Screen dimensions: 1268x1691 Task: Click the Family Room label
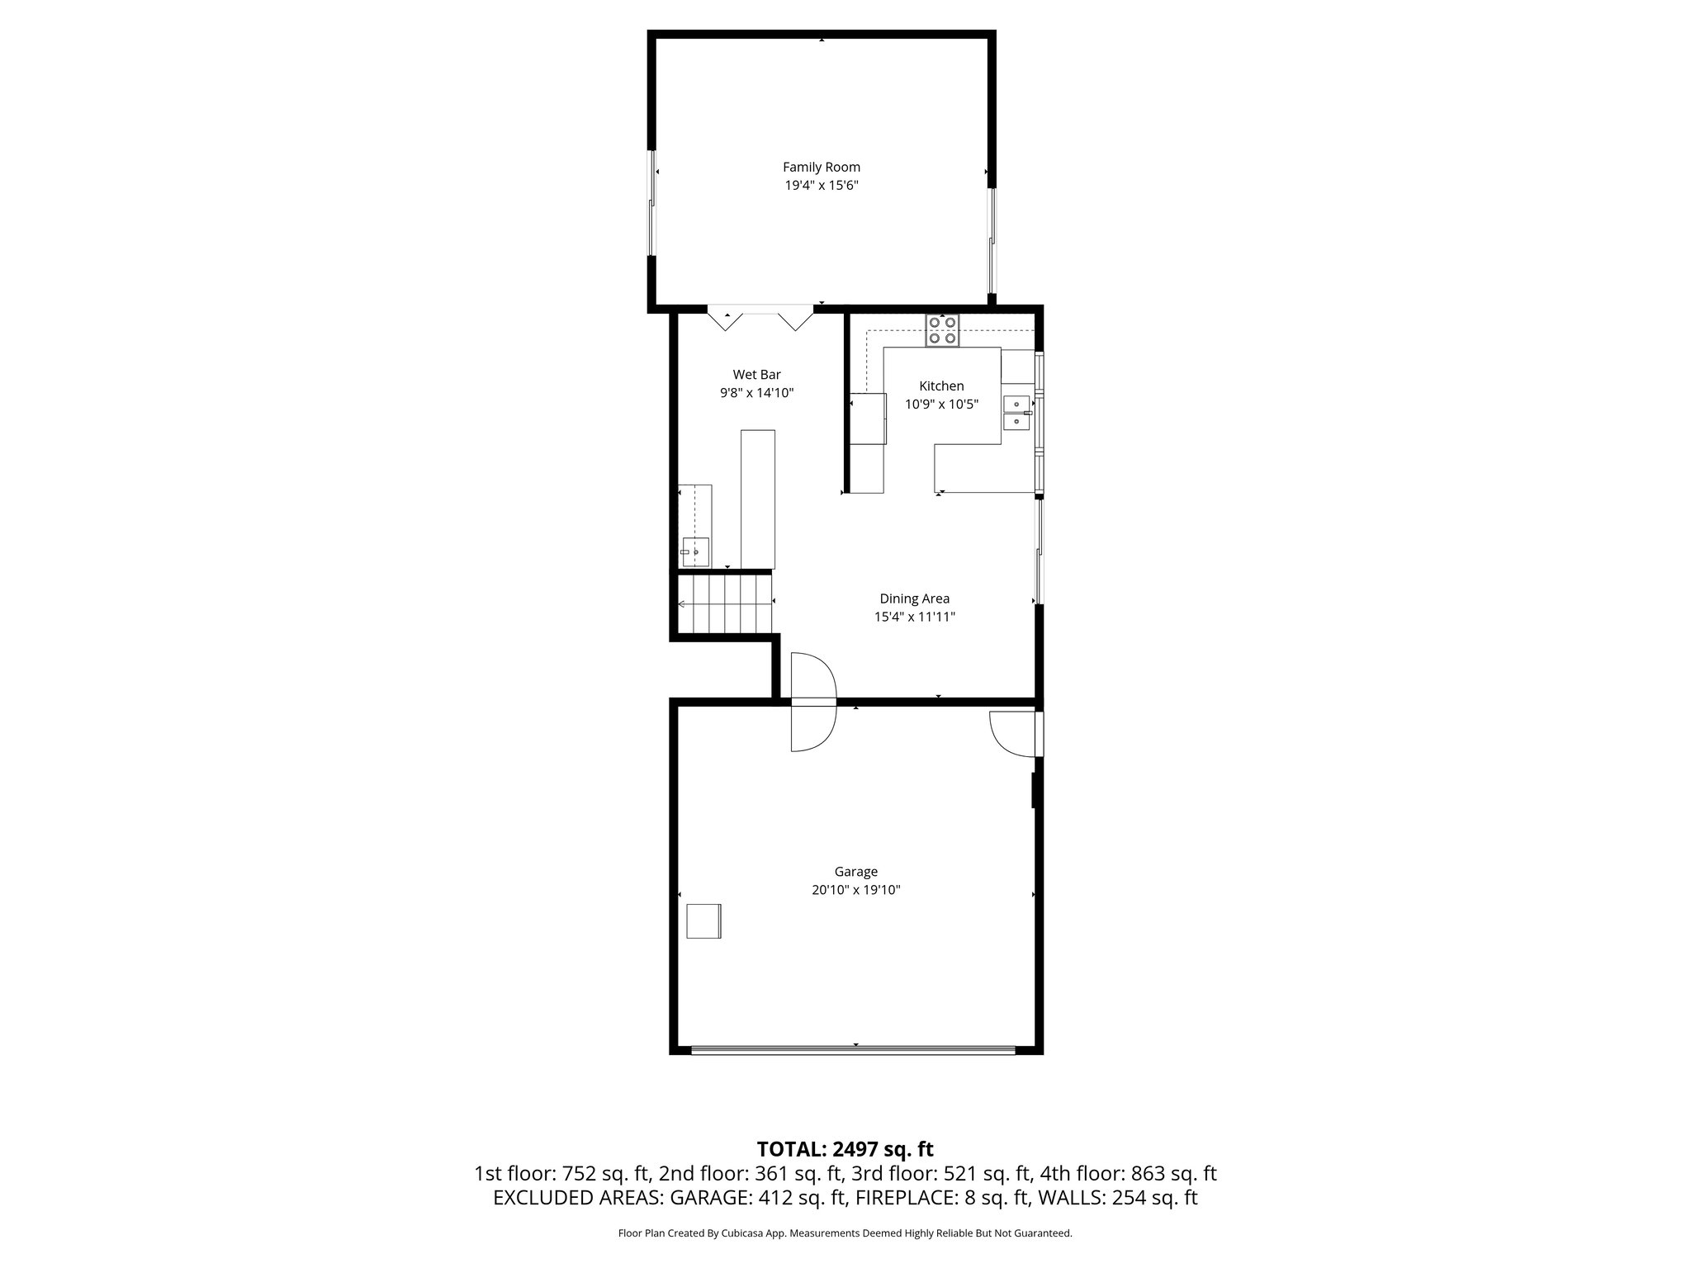(821, 167)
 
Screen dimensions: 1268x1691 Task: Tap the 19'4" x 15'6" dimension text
(821, 186)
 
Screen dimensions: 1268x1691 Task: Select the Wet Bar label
(756, 375)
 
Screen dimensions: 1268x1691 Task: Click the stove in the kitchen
(942, 330)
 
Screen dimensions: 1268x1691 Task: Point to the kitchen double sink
(1016, 413)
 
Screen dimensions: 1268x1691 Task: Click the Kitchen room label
(941, 386)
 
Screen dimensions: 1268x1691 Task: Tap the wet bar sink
(694, 551)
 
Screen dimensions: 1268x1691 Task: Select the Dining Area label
(914, 599)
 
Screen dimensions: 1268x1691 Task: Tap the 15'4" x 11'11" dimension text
(914, 617)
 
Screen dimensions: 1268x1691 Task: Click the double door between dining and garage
(813, 703)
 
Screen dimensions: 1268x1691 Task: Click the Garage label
(855, 872)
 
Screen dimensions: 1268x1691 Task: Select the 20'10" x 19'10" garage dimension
(855, 890)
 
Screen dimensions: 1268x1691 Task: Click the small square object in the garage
(704, 920)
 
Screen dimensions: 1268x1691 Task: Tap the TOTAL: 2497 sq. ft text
(845, 1148)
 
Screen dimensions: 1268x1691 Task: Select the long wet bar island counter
(757, 499)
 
